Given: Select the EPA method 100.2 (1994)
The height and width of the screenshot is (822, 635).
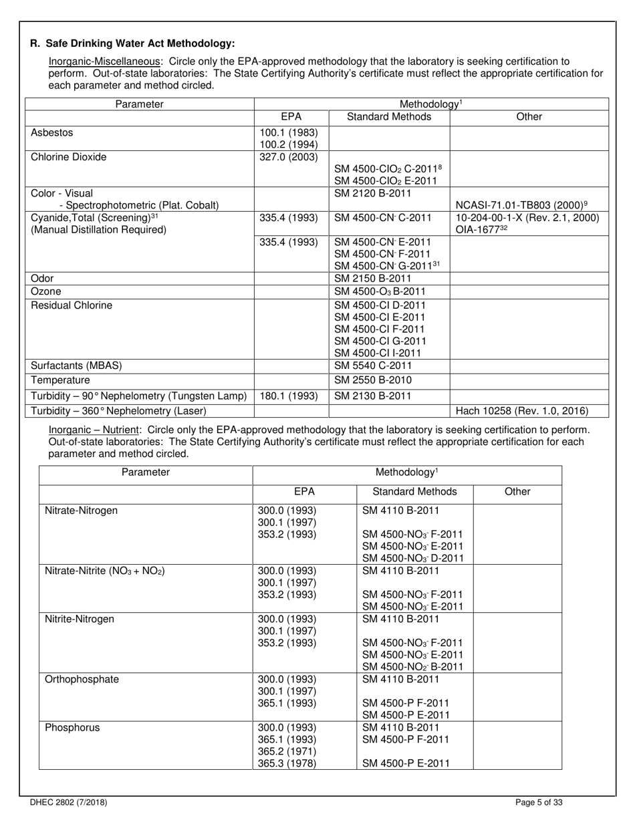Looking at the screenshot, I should tap(289, 144).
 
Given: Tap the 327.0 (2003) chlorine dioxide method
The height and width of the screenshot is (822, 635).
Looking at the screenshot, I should tap(289, 157).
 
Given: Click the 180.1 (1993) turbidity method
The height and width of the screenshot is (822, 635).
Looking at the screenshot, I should tap(289, 396).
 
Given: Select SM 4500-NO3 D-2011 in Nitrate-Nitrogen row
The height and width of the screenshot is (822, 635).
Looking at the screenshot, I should tap(412, 558).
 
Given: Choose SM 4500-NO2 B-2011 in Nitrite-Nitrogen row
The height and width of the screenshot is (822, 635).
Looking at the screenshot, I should tap(412, 666).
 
